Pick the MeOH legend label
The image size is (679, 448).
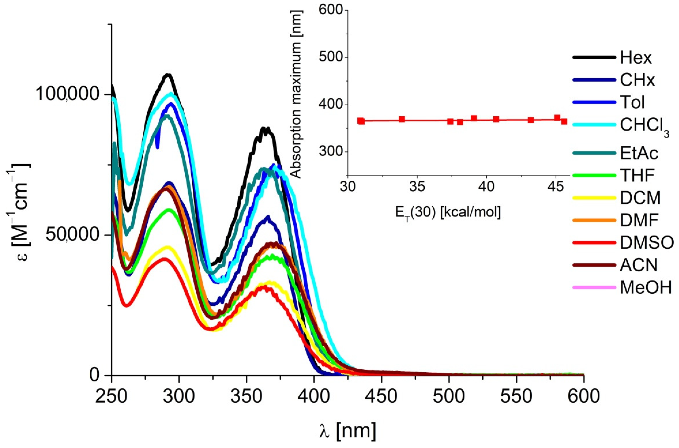click(646, 288)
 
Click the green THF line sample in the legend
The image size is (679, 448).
click(594, 175)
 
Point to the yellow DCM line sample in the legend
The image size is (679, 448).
click(594, 198)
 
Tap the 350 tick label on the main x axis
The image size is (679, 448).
click(246, 397)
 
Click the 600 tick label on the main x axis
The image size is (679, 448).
click(583, 397)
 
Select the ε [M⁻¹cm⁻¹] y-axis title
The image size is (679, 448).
click(18, 212)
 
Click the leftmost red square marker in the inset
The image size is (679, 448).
click(361, 121)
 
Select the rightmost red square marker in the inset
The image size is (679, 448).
click(564, 121)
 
